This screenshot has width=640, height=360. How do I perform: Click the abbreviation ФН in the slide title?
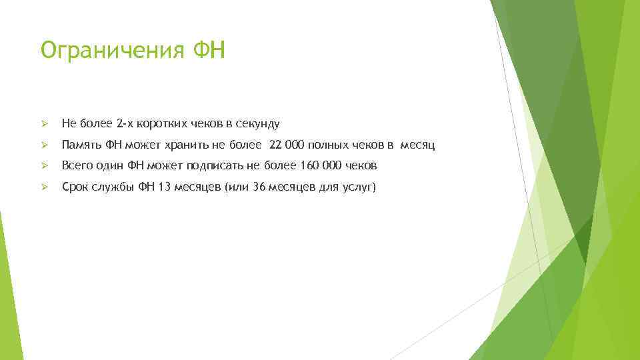click(208, 49)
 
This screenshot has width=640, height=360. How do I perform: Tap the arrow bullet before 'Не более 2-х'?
click(45, 123)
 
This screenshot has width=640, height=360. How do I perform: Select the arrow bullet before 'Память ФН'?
click(45, 145)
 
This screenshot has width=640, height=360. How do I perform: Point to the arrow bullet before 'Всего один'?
click(45, 166)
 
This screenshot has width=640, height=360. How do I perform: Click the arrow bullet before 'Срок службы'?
click(45, 187)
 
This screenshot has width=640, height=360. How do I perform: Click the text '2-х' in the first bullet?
click(125, 123)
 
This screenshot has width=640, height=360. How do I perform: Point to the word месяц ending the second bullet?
click(418, 145)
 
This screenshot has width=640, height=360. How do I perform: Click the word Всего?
click(77, 166)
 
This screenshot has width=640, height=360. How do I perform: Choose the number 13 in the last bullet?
click(164, 187)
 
